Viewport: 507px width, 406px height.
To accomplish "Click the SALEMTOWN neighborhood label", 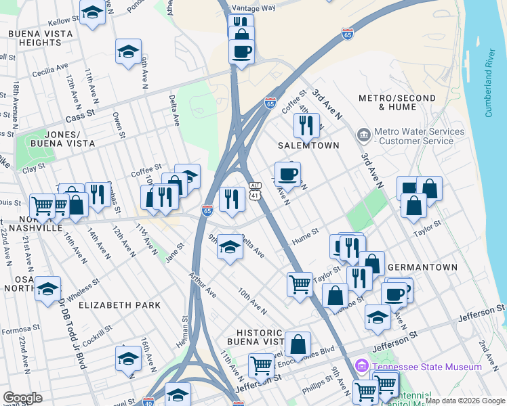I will (308, 145).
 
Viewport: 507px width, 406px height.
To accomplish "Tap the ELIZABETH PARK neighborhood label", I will (120, 305).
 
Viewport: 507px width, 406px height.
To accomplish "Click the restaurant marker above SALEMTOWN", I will (306, 125).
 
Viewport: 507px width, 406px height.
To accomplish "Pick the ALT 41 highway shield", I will (254, 190).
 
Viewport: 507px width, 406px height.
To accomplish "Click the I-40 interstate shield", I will (148, 401).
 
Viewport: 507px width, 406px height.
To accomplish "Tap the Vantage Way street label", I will (254, 8).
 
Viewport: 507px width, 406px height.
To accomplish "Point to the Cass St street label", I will (79, 116).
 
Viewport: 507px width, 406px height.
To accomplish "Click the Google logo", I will (22, 398).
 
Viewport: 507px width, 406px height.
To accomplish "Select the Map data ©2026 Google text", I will (464, 401).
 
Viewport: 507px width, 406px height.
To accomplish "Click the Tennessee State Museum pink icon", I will (361, 367).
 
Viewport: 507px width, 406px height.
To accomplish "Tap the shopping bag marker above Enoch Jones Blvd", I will (298, 344).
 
